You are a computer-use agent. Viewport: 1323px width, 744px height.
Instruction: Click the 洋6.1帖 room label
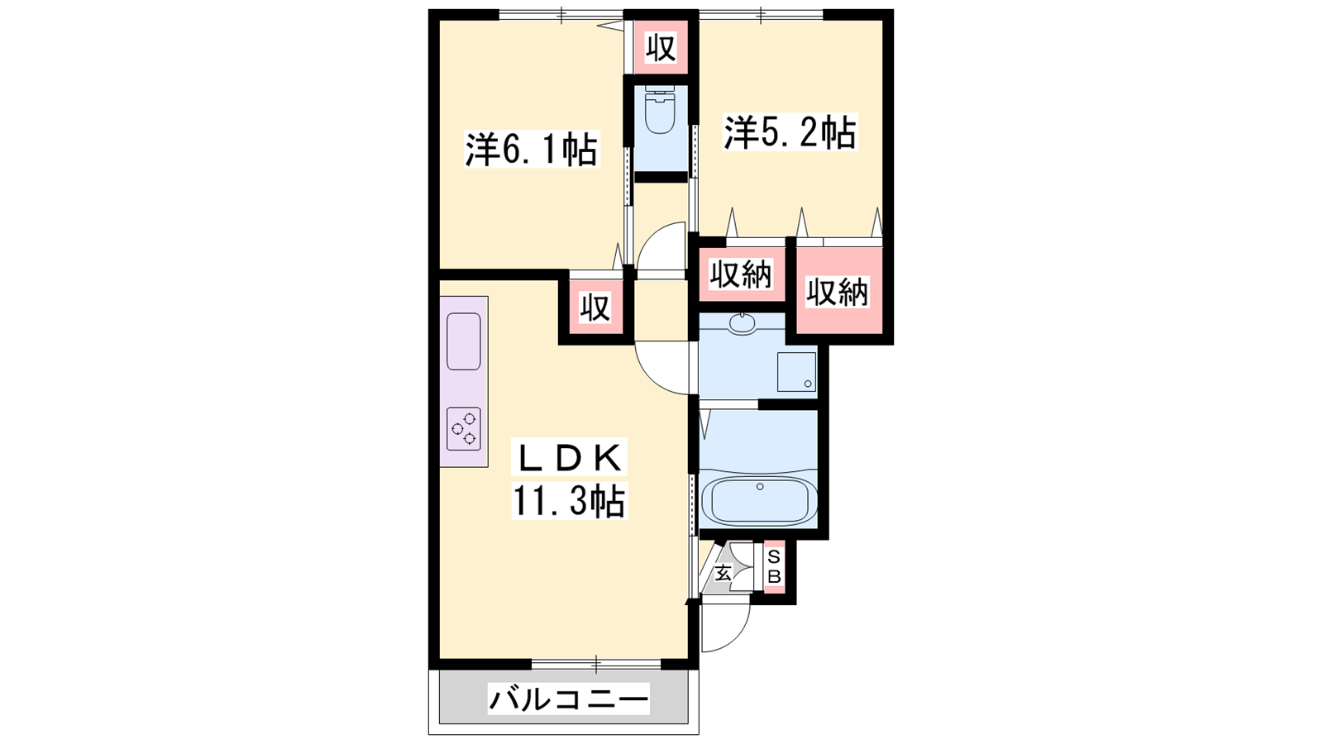click(x=532, y=150)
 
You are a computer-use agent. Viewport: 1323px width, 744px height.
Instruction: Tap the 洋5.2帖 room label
click(x=790, y=132)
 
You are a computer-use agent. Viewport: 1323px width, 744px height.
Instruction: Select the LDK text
click(x=570, y=458)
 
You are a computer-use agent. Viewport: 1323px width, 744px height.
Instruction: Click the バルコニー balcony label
click(x=568, y=700)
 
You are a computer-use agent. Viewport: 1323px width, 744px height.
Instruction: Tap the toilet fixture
click(x=661, y=109)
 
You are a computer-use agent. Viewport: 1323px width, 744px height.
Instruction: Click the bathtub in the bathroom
click(x=759, y=499)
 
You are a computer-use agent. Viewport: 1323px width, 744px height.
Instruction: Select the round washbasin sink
click(x=741, y=323)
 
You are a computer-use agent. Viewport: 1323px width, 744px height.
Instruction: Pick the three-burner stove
click(x=464, y=429)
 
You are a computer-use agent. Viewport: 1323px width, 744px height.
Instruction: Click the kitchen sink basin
click(x=464, y=341)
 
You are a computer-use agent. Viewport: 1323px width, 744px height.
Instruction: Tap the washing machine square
click(x=796, y=372)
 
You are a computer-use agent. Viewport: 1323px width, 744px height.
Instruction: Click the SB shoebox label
click(x=774, y=566)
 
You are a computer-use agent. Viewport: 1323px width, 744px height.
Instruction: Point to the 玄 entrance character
click(x=723, y=573)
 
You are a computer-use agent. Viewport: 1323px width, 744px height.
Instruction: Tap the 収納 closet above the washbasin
click(x=741, y=274)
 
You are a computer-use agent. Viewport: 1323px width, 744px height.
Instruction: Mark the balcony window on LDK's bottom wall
click(x=596, y=665)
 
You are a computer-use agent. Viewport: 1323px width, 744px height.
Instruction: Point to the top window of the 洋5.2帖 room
click(x=761, y=13)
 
